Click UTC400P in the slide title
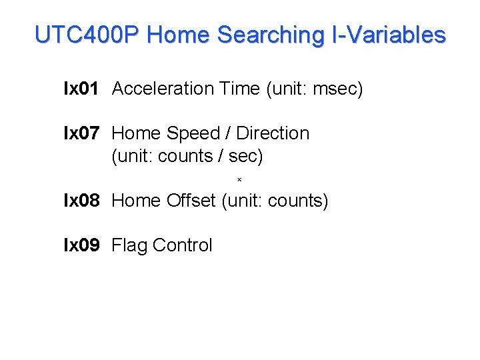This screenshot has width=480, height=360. [x=87, y=35]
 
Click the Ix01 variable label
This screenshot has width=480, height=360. [x=81, y=89]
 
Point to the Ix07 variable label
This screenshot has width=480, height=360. [x=81, y=133]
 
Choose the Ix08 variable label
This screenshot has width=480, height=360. [x=81, y=201]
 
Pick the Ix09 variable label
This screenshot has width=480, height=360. [x=81, y=245]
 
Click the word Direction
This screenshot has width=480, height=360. [x=273, y=133]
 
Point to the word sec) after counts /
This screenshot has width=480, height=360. [x=246, y=157]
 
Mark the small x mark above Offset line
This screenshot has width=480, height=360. [x=239, y=179]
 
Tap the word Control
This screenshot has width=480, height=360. [x=182, y=245]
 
